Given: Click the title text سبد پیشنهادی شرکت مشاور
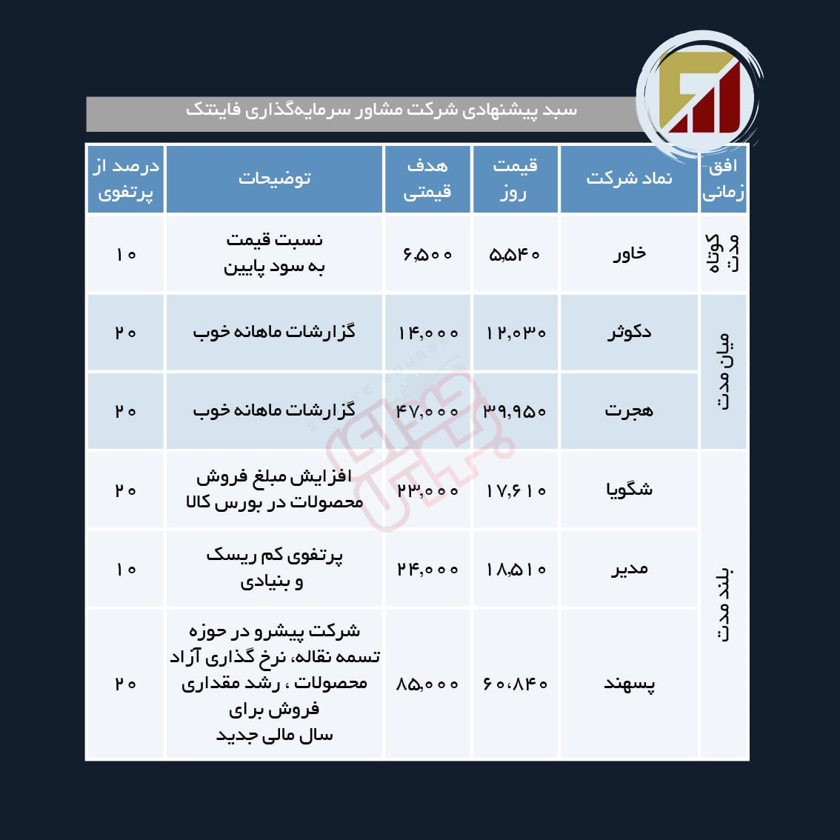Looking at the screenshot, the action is (381, 110).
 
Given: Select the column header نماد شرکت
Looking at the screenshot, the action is (629, 179).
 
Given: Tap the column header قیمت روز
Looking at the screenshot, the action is (515, 179).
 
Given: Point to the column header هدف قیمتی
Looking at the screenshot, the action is (427, 179).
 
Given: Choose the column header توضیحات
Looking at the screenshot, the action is (274, 179).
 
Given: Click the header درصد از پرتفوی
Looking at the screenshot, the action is (125, 179).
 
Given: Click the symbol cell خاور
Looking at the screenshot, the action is (629, 254).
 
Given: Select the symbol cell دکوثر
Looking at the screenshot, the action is (629, 332).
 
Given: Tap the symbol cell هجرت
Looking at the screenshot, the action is (629, 410).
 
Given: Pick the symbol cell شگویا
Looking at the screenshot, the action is (629, 490).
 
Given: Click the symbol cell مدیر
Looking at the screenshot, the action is (629, 569).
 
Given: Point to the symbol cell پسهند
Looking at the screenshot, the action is (629, 684).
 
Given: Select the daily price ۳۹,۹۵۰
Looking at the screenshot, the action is (515, 411).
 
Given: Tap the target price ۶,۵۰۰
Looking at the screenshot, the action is (427, 255).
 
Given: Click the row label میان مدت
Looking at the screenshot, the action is (723, 371).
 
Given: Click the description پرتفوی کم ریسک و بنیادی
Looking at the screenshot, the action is (274, 568).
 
